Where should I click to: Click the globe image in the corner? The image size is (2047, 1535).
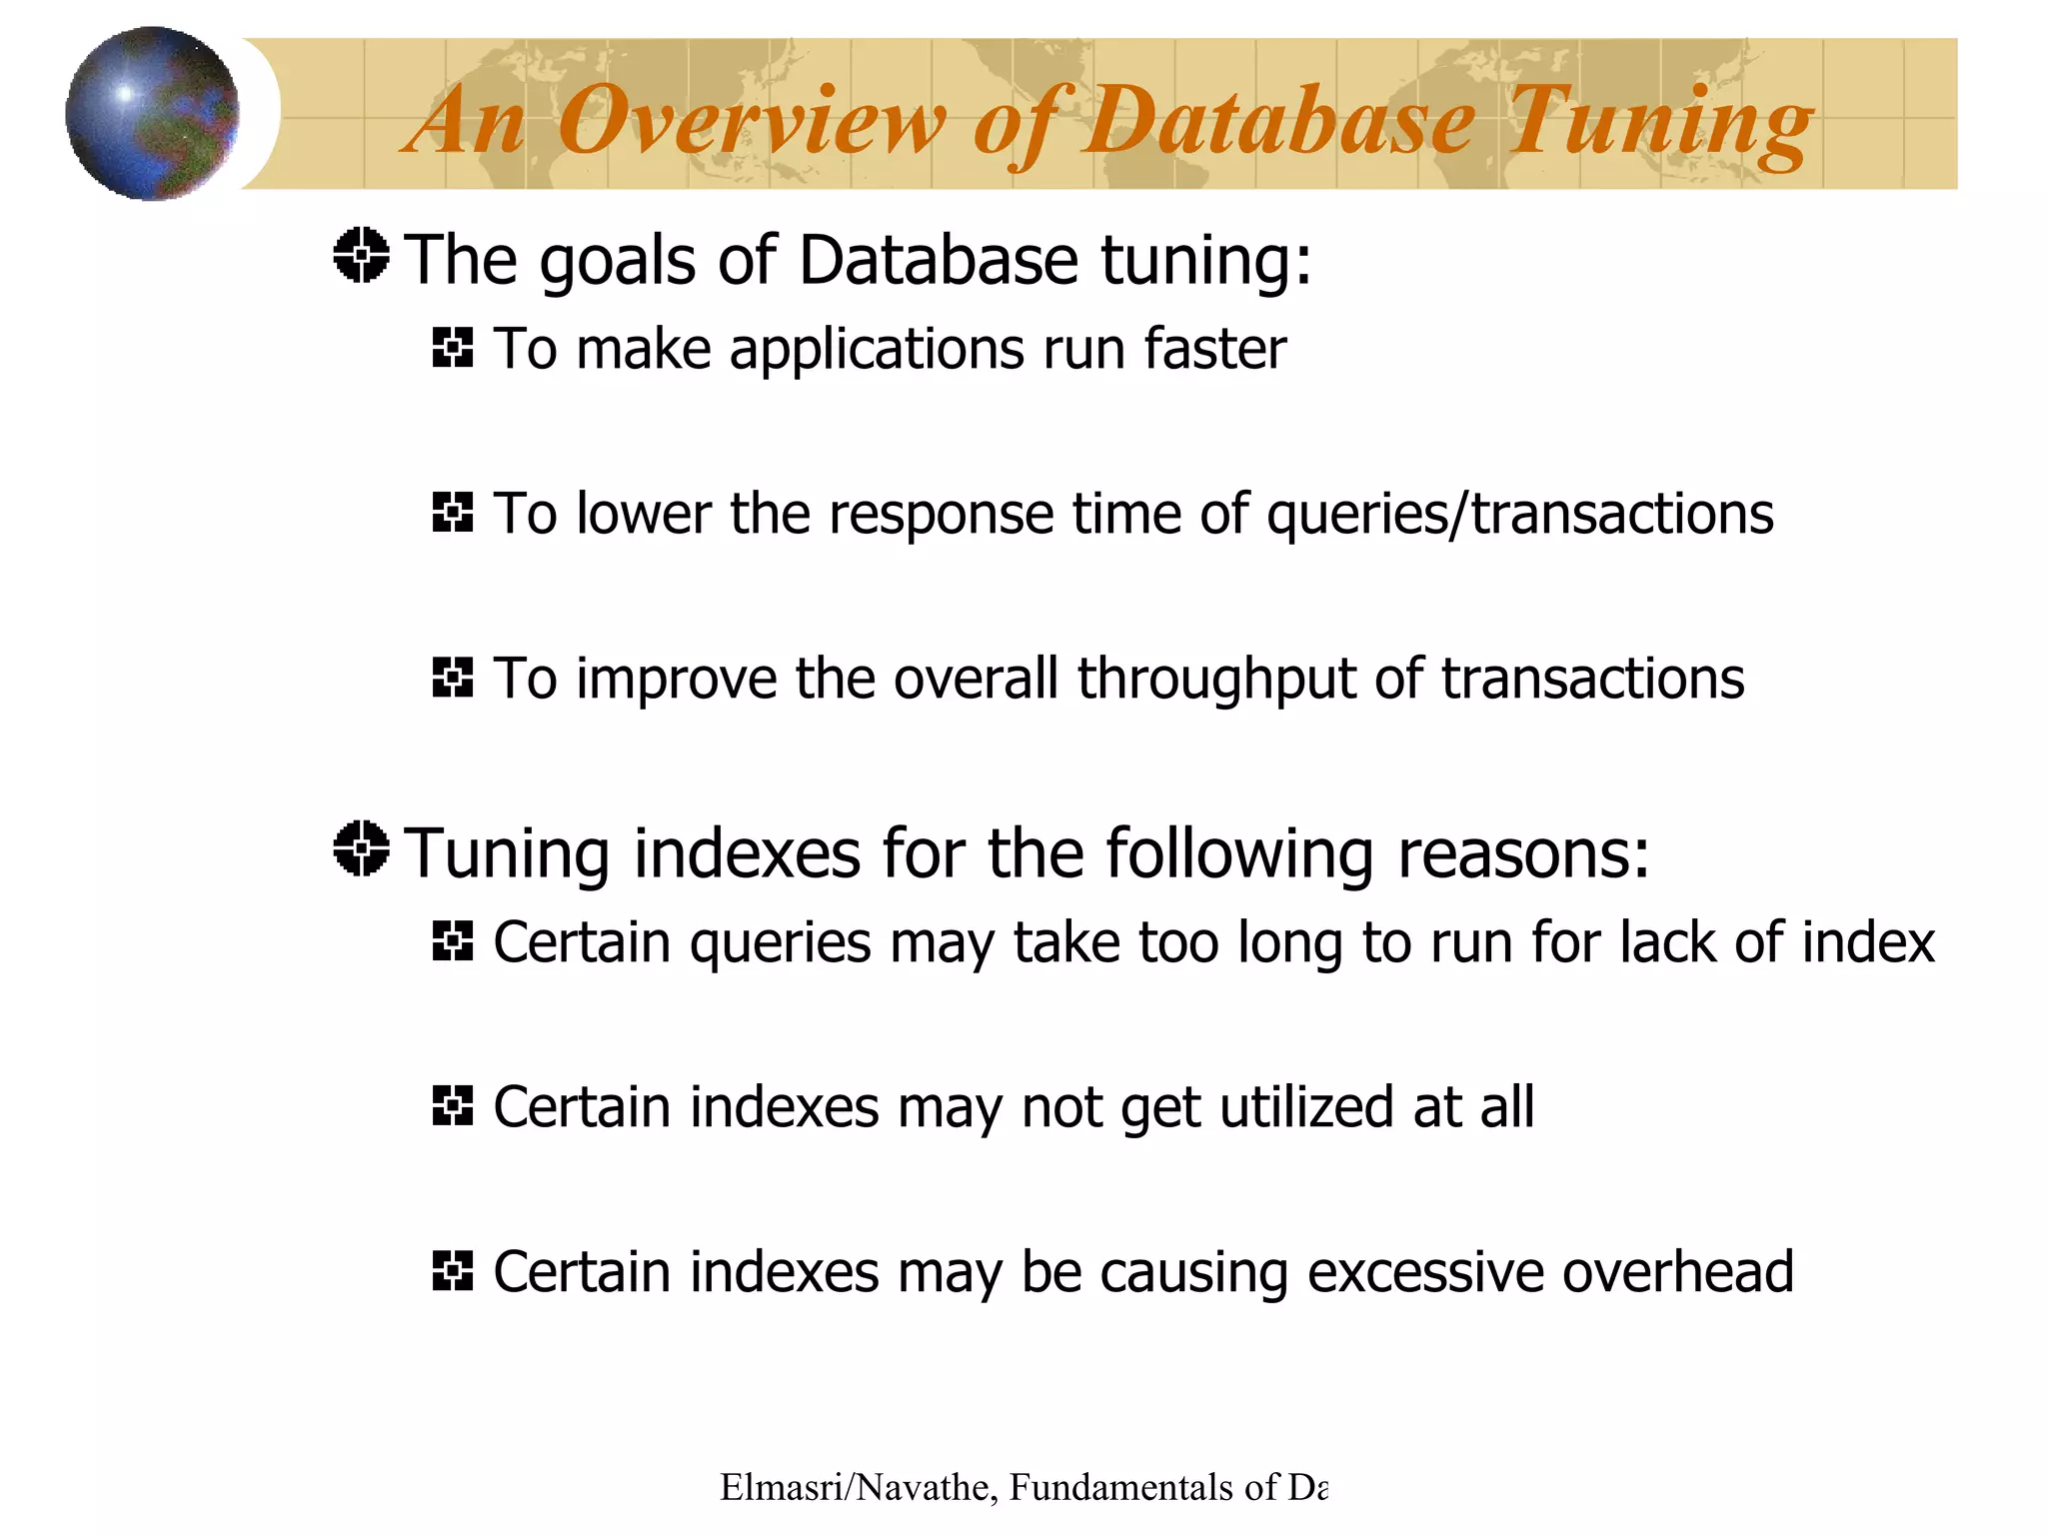(152, 113)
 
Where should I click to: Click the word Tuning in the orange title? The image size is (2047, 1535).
(1659, 122)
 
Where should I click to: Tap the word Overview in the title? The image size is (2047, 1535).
(750, 122)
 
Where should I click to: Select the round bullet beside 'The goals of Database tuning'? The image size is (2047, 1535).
(361, 256)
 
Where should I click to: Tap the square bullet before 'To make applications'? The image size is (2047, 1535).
(452, 348)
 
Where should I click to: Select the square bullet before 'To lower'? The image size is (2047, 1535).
(452, 513)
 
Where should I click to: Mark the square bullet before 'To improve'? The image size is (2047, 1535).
(452, 677)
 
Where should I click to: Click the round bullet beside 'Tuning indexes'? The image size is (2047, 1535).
(361, 848)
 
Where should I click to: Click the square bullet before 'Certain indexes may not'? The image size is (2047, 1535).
(452, 1106)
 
